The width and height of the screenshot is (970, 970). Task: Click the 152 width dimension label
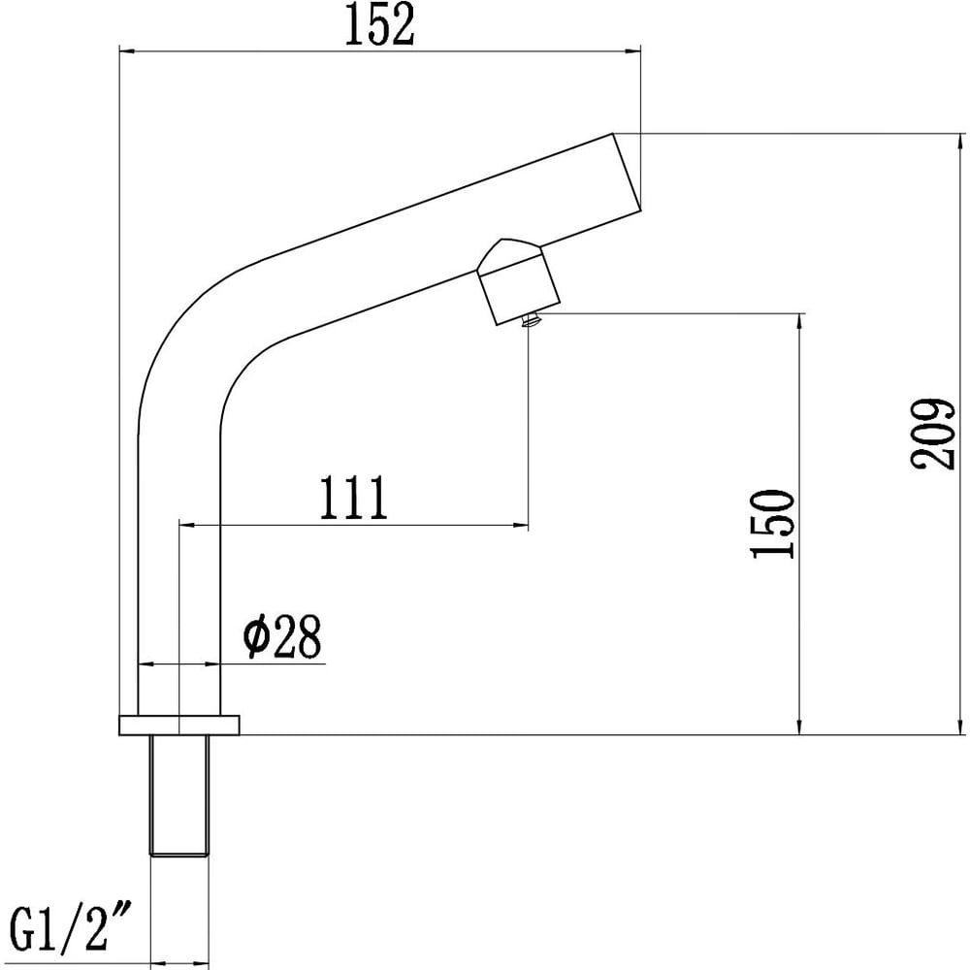click(378, 24)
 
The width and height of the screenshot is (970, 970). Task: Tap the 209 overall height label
click(933, 434)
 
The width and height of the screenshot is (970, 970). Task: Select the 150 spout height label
click(772, 524)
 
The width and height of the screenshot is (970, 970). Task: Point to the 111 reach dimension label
click(354, 497)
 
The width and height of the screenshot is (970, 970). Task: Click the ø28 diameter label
click(282, 636)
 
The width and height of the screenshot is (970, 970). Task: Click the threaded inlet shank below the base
click(178, 795)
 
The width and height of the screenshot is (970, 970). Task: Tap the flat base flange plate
click(178, 725)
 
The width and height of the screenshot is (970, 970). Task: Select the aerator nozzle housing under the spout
click(518, 282)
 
